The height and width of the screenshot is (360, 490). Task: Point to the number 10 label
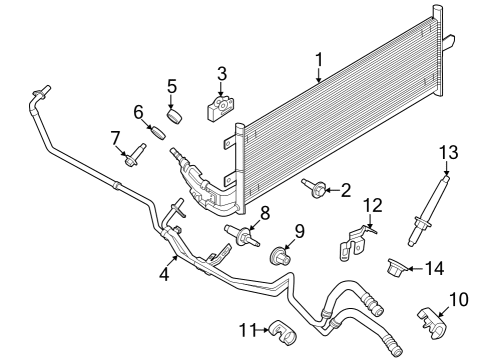tap(457, 298)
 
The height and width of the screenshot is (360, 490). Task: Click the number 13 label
tap(446, 151)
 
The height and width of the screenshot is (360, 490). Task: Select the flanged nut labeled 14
tap(398, 267)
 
